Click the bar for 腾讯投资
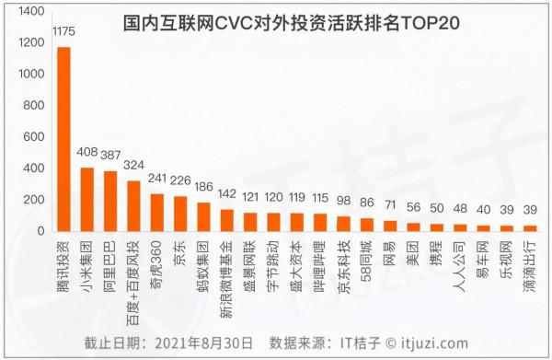click(63, 138)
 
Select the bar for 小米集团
click(87, 199)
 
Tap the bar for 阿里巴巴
click(110, 201)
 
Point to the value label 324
click(134, 168)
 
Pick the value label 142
click(227, 195)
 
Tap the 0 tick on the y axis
click(40, 231)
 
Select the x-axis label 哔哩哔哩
click(320, 261)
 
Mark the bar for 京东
click(180, 214)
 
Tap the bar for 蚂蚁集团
click(204, 216)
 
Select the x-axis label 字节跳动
click(274, 261)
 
